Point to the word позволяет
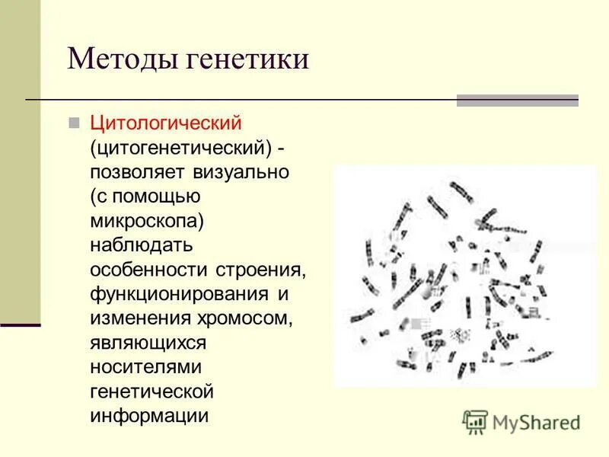[x=138, y=172]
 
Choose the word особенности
[x=149, y=270]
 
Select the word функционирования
[x=179, y=294]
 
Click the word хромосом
[x=244, y=318]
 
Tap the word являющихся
[x=148, y=343]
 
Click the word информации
[x=149, y=416]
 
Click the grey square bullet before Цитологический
[x=74, y=122]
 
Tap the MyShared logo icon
[x=475, y=421]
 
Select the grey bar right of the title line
[x=517, y=101]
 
